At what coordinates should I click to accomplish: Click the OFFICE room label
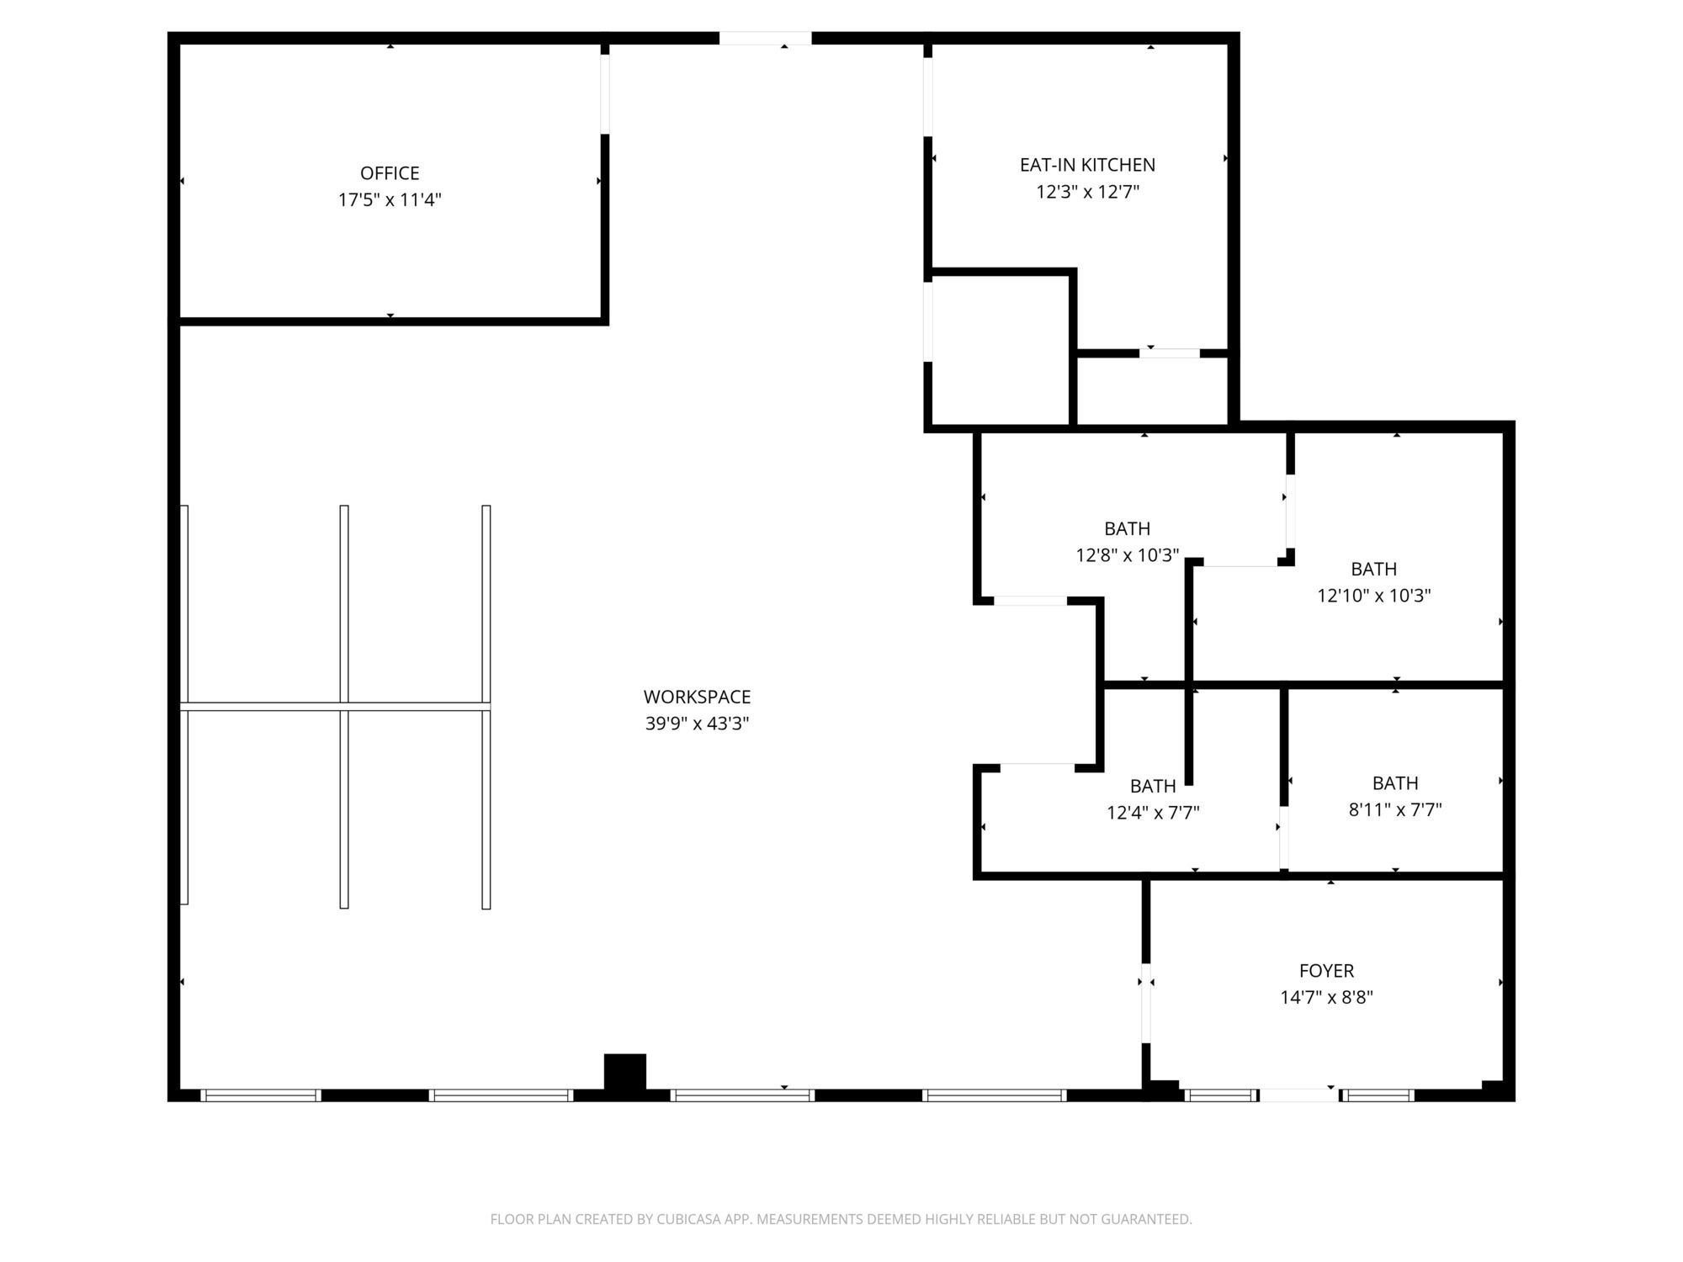(390, 173)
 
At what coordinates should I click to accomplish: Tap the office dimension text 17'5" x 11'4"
(390, 200)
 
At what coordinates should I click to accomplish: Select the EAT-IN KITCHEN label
(1087, 165)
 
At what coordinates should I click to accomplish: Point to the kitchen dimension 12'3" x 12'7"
(1087, 192)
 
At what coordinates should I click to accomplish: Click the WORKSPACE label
(697, 697)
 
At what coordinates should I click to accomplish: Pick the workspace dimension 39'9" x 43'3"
(697, 724)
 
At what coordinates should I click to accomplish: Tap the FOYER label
(1326, 971)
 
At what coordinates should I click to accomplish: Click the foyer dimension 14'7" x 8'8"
(1326, 998)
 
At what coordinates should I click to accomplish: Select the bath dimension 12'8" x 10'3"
(1127, 555)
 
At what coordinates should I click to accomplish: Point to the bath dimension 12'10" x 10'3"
(1373, 596)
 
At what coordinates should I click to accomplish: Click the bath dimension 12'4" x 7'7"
(1153, 813)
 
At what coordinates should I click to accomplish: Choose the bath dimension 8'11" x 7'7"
(1395, 809)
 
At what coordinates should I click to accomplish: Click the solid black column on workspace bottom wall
(625, 1074)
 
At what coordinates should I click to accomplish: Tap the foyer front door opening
(1298, 1095)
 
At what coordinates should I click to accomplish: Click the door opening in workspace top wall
(765, 38)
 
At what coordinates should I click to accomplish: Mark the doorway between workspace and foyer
(1145, 1003)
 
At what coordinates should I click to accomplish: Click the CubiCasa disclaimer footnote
(841, 1219)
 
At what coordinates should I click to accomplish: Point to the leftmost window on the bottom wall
(261, 1095)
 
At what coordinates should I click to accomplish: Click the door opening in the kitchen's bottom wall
(1169, 353)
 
